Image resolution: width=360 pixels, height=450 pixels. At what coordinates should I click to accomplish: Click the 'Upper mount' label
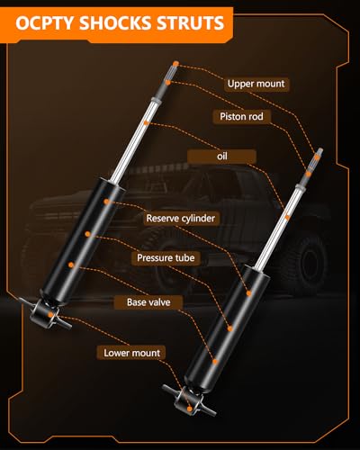(256, 84)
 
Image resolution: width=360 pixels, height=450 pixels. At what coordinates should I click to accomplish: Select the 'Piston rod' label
(241, 116)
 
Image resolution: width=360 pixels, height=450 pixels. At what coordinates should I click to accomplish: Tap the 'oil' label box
(221, 157)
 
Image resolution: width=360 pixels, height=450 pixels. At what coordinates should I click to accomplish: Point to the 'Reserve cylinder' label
(181, 218)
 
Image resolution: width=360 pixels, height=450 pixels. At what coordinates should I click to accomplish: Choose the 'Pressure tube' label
(166, 257)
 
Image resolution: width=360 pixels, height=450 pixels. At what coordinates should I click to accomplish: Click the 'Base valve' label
(148, 302)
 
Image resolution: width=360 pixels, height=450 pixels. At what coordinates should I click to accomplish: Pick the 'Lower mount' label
(131, 353)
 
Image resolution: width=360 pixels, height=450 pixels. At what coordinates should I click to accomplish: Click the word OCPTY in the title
(44, 23)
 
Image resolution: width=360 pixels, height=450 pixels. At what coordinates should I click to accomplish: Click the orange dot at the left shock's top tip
(175, 64)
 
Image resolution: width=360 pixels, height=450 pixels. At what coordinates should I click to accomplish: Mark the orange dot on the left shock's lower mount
(50, 314)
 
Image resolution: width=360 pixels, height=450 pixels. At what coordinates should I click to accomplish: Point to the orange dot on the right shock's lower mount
(189, 409)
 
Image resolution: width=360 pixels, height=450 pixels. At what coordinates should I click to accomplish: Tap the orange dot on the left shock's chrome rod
(146, 122)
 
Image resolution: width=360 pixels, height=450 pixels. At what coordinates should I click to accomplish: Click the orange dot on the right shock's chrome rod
(287, 217)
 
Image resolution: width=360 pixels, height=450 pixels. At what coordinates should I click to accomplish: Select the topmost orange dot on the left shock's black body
(106, 202)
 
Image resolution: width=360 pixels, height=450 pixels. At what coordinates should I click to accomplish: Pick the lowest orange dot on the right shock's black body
(215, 362)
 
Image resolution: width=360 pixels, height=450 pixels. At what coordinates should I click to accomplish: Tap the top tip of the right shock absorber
(320, 149)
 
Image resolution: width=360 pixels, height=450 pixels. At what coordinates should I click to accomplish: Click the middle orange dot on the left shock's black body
(87, 234)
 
